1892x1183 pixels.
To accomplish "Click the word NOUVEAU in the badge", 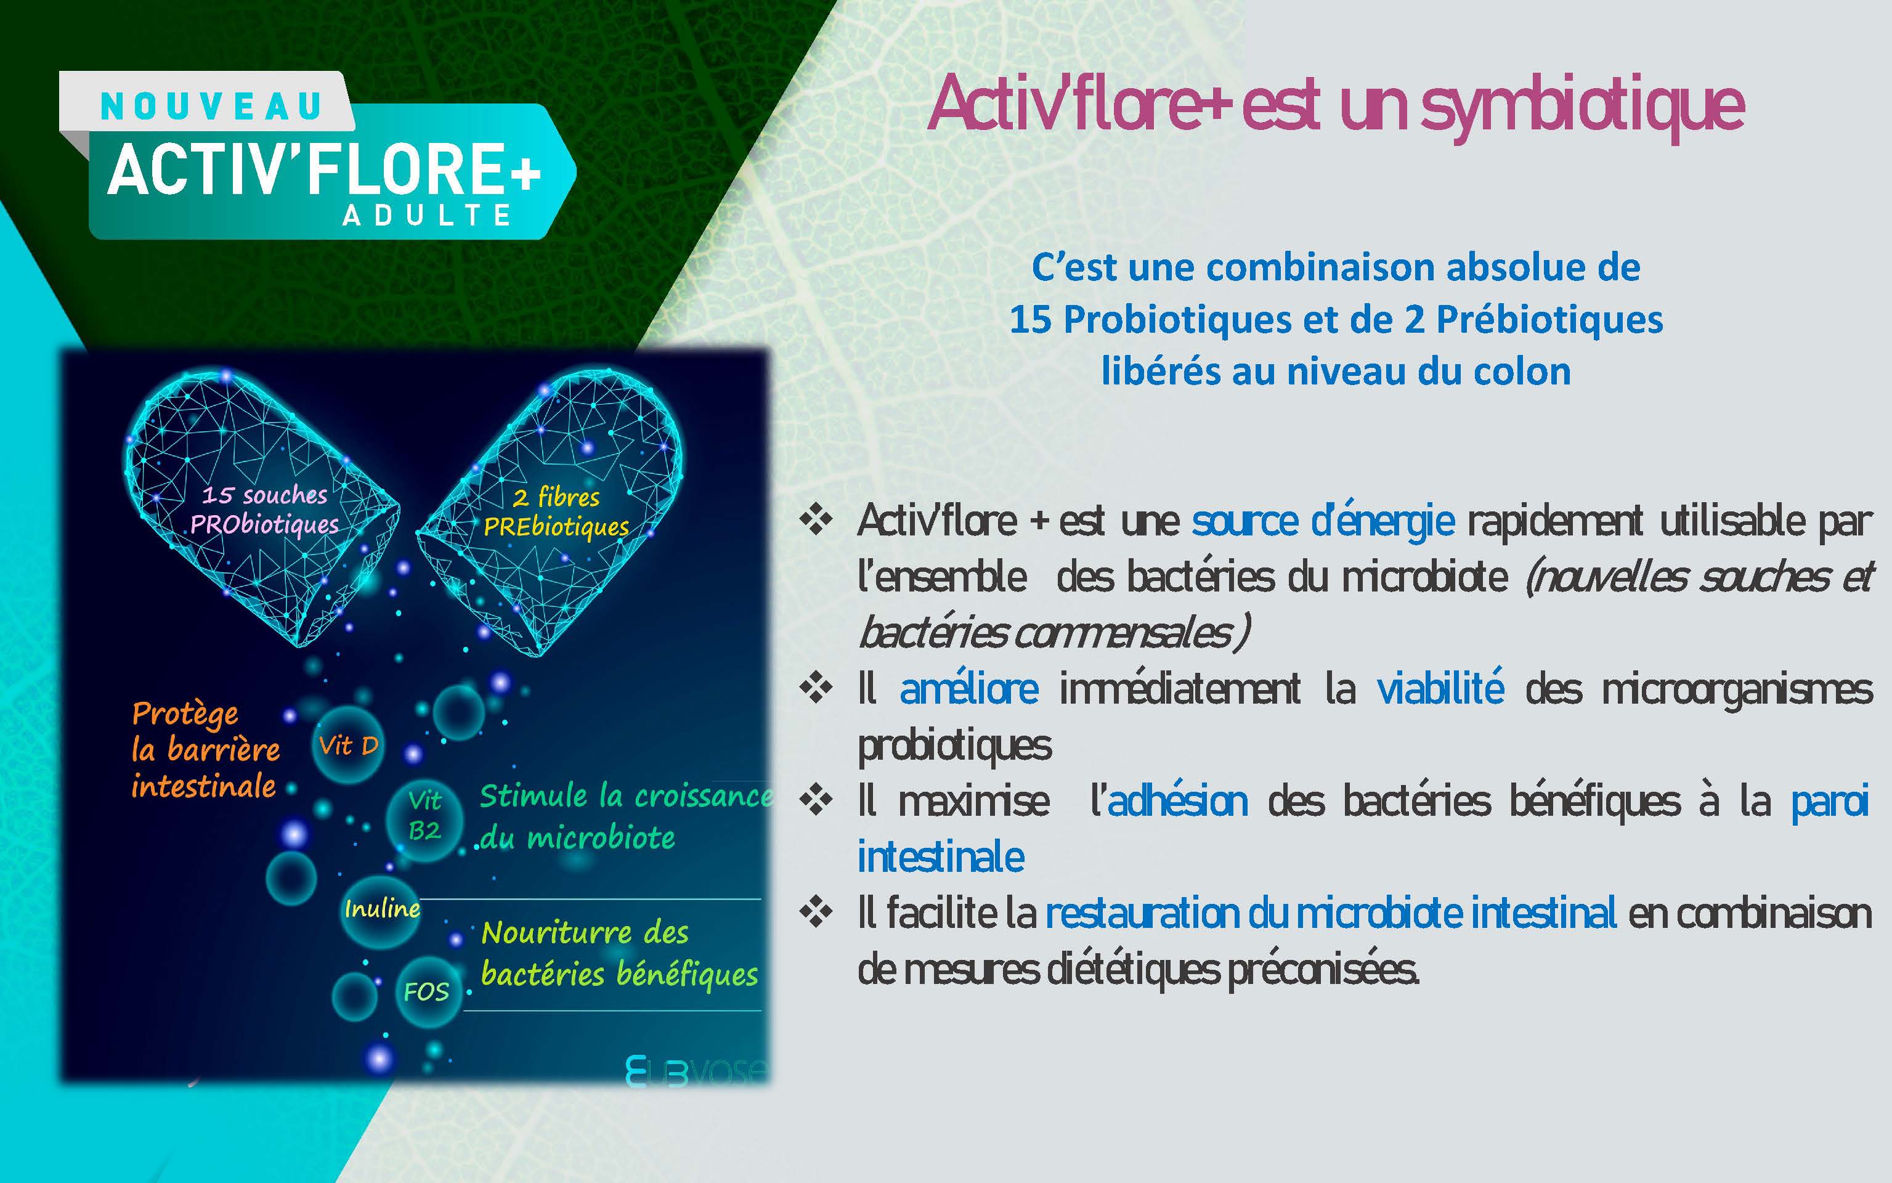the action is pyautogui.click(x=211, y=107).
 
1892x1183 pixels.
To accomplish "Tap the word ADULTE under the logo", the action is pyautogui.click(x=427, y=215).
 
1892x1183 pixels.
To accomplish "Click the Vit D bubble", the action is pyautogui.click(x=348, y=745).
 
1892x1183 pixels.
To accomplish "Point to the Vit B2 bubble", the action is pyautogui.click(x=424, y=815).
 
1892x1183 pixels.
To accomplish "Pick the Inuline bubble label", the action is pyautogui.click(x=383, y=908).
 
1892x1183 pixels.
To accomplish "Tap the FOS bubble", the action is pyautogui.click(x=426, y=992).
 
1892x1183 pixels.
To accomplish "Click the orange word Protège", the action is pyautogui.click(x=185, y=714).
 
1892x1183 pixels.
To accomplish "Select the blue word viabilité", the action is pyautogui.click(x=1440, y=688).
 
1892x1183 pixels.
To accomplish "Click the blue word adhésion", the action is pyautogui.click(x=1178, y=800).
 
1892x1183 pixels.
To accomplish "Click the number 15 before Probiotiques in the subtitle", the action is pyautogui.click(x=1030, y=319).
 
